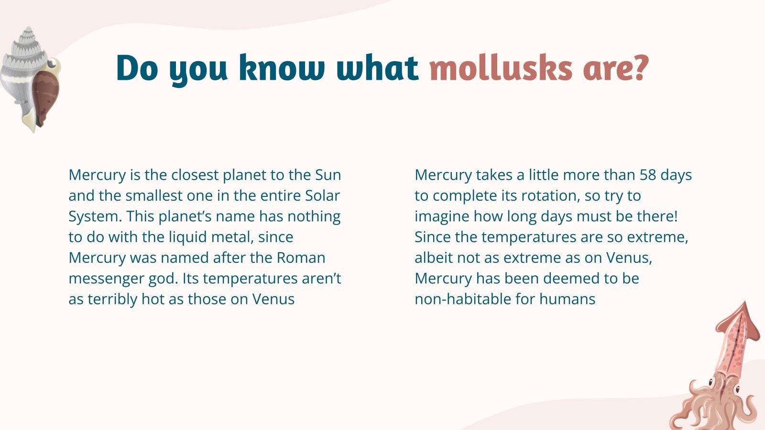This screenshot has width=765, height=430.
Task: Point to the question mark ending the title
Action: click(639, 68)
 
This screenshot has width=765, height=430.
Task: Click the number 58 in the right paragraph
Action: click(648, 175)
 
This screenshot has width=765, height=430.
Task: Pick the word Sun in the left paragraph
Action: click(328, 175)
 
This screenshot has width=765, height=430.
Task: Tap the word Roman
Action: click(301, 258)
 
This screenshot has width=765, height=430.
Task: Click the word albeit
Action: click(434, 258)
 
